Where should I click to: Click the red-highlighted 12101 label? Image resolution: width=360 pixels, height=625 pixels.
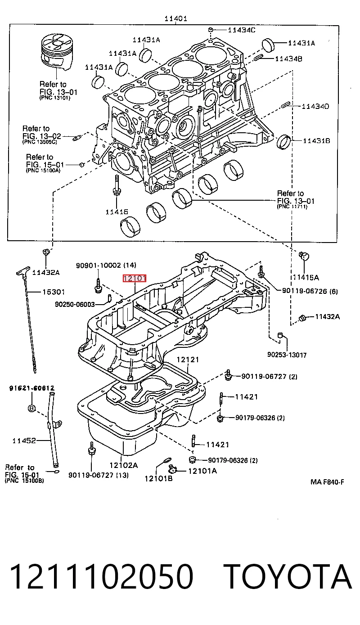click(x=135, y=278)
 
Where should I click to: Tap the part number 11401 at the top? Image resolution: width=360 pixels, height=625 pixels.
click(x=175, y=18)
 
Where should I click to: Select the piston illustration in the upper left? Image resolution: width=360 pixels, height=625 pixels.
click(x=57, y=53)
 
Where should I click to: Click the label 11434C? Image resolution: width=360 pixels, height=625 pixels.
click(x=241, y=30)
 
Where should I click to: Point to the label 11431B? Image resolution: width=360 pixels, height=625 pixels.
click(x=316, y=141)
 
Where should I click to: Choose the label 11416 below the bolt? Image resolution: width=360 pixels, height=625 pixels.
click(x=117, y=212)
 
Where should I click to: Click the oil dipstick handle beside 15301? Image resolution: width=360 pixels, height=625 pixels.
click(x=23, y=270)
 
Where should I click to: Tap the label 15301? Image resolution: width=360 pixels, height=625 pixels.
click(x=54, y=292)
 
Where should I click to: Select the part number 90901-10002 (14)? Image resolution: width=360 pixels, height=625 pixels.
click(x=106, y=265)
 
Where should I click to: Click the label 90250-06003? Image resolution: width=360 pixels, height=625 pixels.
click(x=75, y=304)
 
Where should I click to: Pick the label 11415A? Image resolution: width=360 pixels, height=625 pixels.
click(x=306, y=277)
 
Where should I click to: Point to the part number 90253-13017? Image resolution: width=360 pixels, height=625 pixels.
click(x=287, y=355)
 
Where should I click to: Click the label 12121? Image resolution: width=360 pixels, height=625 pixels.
click(x=188, y=360)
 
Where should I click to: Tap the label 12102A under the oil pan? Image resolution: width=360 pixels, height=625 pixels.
click(x=124, y=465)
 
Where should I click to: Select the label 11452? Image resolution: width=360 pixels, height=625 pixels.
click(x=24, y=441)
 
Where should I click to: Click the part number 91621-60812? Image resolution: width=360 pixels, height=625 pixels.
click(x=32, y=388)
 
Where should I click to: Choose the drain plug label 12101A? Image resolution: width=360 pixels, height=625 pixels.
click(x=202, y=471)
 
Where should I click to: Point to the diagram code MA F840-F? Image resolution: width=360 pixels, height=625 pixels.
click(x=327, y=482)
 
